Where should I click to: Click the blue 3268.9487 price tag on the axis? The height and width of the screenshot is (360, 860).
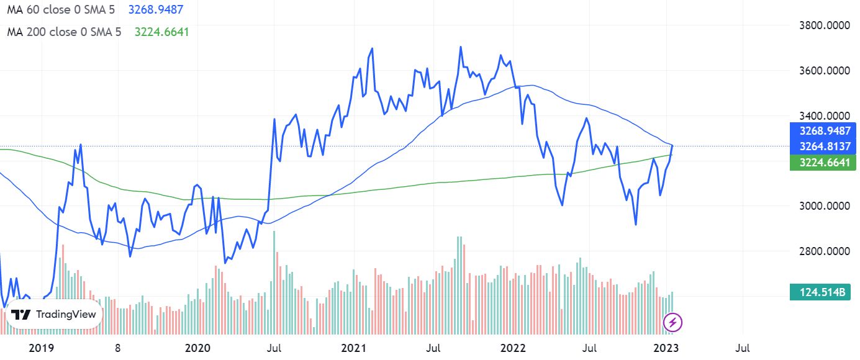tap(818, 131)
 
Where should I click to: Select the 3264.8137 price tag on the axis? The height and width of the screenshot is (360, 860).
tap(818, 146)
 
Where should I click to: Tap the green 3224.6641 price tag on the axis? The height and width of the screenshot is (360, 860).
tap(818, 163)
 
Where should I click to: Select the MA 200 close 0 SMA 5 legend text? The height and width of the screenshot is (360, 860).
tap(64, 32)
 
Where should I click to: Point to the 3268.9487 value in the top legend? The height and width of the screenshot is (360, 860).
tap(155, 10)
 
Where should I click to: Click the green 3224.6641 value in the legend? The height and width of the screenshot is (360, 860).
tap(161, 32)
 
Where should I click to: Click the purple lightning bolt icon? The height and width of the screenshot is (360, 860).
tap(673, 322)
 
